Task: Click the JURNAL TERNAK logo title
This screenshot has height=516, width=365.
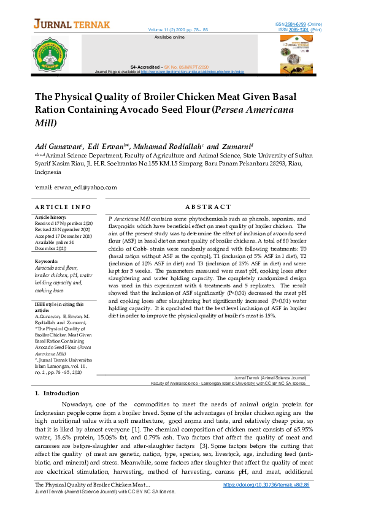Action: point(72,25)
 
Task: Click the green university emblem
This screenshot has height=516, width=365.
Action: point(50,54)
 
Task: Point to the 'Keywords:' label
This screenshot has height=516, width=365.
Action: point(47,262)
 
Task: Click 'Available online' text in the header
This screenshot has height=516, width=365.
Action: point(169,37)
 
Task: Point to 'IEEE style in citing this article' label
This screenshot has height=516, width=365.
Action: point(57,306)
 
